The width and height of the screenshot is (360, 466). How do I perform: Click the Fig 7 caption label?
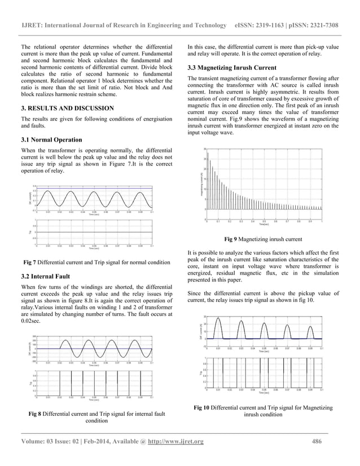click(32, 263)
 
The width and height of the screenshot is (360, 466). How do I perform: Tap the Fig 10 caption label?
click(205, 407)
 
